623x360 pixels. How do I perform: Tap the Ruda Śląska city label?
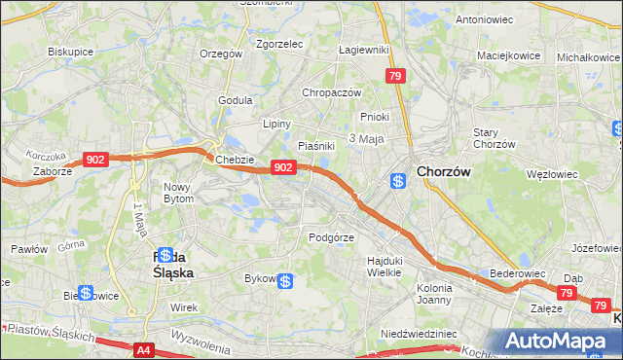pos(167,265)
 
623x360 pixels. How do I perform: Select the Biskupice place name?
pos(69,52)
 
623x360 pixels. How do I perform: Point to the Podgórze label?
pos(331,236)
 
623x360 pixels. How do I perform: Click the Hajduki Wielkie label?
pos(384,266)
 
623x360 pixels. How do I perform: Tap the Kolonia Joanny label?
pos(434,294)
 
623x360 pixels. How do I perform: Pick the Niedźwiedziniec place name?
pos(419,333)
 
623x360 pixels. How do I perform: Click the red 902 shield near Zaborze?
pos(95,160)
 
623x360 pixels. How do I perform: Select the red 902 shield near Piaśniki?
pos(282,167)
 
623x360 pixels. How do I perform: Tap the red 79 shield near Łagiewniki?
pos(394,75)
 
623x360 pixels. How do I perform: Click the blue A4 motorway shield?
pos(144,349)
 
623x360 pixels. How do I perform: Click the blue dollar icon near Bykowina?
pos(285,281)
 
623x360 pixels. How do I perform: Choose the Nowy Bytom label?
pos(178,192)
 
